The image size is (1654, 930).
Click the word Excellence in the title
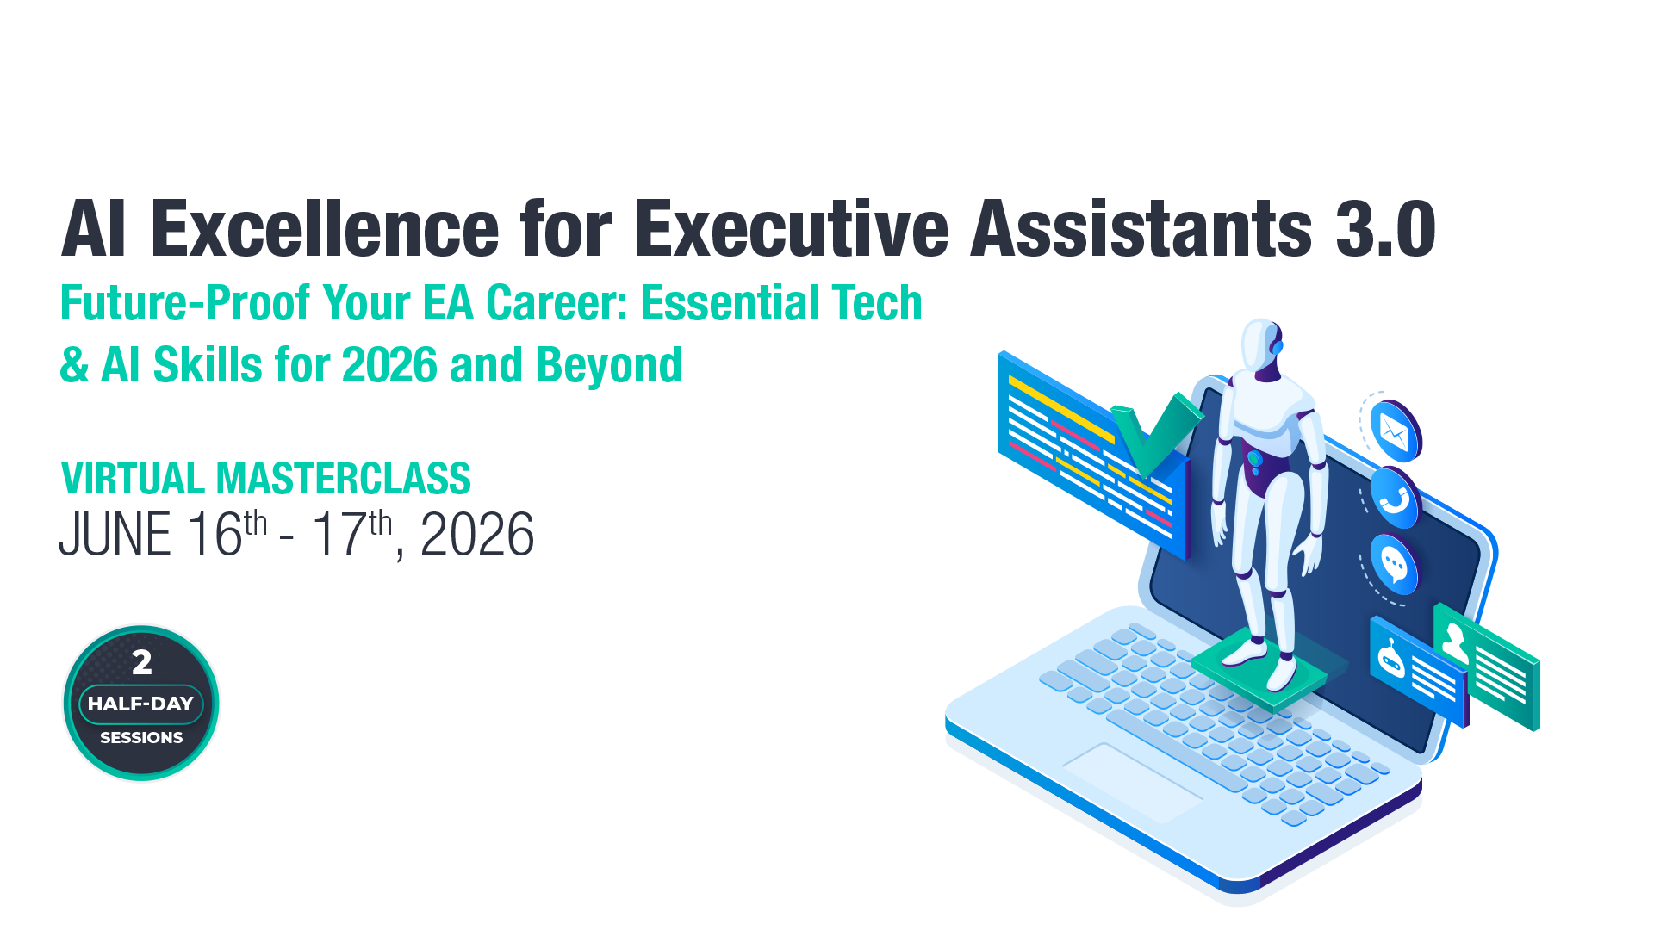(x=325, y=230)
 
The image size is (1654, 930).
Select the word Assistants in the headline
(x=1141, y=230)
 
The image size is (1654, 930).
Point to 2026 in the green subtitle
(x=389, y=365)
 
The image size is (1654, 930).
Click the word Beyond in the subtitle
(x=609, y=365)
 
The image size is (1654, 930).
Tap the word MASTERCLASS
(x=343, y=479)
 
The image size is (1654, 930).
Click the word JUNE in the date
(x=115, y=536)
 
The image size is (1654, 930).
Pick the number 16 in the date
(x=215, y=536)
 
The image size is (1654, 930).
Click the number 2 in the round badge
(x=142, y=662)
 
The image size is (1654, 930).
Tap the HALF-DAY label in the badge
(x=141, y=704)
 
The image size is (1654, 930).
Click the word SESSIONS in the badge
(x=141, y=738)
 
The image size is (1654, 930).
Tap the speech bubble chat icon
(x=1394, y=565)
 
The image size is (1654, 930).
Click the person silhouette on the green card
(x=1455, y=642)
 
